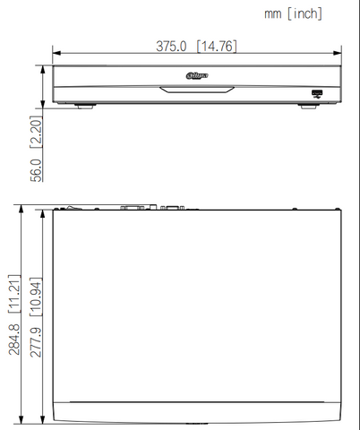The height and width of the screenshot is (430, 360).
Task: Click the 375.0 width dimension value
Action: click(171, 47)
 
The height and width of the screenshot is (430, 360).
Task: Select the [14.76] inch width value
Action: click(217, 47)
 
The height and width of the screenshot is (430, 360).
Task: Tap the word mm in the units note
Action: click(273, 14)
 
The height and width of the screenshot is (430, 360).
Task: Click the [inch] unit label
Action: click(304, 13)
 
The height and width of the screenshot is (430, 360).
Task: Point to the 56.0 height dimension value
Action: click(36, 170)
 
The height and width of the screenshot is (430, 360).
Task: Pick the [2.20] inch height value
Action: click(36, 132)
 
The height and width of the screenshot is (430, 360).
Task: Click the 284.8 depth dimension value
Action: click(14, 340)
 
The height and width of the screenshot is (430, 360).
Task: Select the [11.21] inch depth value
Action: click(14, 294)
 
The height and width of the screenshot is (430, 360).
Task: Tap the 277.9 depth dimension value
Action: click(36, 342)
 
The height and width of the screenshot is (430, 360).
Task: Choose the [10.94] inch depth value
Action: click(36, 297)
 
